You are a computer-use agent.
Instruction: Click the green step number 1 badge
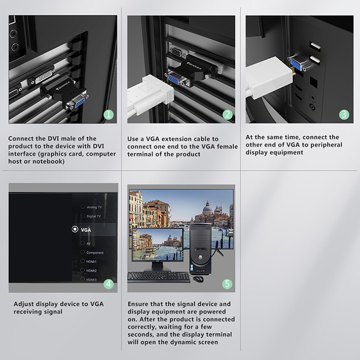[108, 114]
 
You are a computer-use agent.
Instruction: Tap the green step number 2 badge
[227, 114]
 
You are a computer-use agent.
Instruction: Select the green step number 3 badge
[344, 114]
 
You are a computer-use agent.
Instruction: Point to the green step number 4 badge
[108, 284]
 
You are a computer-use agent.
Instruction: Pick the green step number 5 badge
[227, 284]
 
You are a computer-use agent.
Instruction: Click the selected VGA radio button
[75, 229]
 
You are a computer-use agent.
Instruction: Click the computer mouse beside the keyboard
[198, 279]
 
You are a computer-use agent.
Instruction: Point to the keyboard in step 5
[159, 277]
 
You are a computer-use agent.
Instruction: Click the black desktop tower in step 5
[200, 249]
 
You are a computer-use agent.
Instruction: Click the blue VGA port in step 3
[296, 64]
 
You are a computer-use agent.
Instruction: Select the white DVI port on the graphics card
[42, 77]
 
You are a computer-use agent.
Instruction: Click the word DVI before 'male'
[53, 139]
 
